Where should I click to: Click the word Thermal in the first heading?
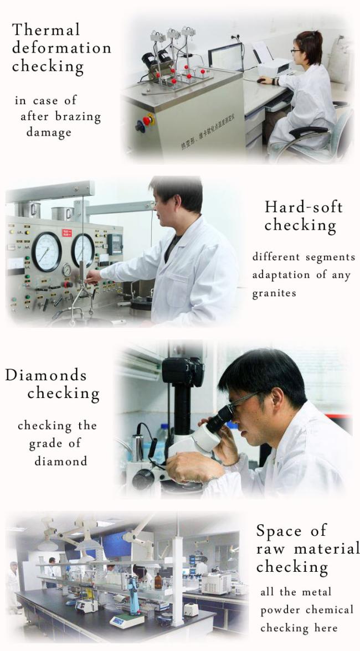[x=45, y=29]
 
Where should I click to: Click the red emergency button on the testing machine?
[x=147, y=121]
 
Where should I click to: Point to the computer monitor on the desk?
[x=226, y=58]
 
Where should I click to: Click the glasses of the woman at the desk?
[x=296, y=51]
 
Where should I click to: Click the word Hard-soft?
[x=304, y=207]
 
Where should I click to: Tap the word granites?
[x=274, y=293]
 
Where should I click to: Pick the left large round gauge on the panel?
[x=47, y=252]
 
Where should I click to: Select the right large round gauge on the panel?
[x=83, y=250]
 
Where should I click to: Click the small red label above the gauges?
[x=67, y=233]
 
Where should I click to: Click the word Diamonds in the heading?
[x=45, y=375]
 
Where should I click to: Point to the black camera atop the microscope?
[x=183, y=370]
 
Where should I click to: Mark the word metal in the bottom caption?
[x=317, y=592]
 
